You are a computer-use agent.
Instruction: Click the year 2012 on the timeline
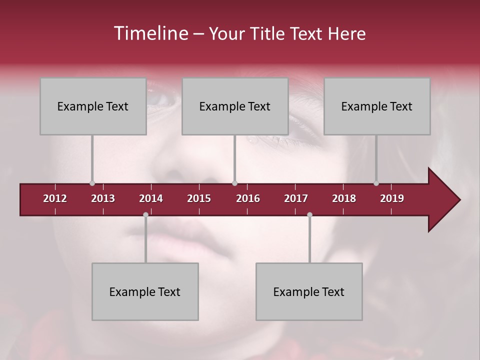(x=55, y=198)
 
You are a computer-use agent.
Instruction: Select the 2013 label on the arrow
(x=103, y=198)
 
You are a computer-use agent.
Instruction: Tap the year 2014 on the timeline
(x=151, y=198)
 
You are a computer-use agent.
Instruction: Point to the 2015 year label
(x=199, y=198)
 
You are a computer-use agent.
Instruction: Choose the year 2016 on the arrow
(x=248, y=198)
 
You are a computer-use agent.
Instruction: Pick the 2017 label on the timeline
(x=296, y=198)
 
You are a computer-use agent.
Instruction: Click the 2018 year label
(x=344, y=198)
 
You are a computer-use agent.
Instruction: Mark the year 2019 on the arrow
(x=392, y=198)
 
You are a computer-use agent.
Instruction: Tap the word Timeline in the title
(x=150, y=33)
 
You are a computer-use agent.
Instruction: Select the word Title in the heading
(x=269, y=33)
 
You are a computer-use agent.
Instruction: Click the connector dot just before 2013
(x=92, y=183)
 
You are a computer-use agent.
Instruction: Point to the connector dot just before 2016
(x=235, y=183)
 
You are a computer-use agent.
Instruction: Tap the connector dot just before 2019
(x=376, y=183)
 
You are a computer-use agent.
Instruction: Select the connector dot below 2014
(x=145, y=215)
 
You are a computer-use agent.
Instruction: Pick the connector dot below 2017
(x=309, y=215)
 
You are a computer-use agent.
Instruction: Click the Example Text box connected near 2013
(x=93, y=106)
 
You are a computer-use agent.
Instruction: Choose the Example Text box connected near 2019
(x=377, y=106)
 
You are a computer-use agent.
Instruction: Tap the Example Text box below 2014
(x=145, y=291)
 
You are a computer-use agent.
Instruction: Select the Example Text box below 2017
(x=309, y=291)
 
